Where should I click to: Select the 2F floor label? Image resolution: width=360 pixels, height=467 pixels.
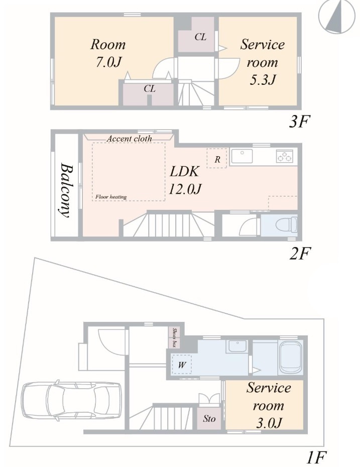coord(300,253)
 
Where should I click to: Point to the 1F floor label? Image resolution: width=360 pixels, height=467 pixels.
coord(317,457)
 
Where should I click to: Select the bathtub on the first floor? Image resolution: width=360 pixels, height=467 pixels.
coord(292,357)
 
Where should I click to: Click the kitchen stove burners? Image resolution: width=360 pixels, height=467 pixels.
coord(285,156)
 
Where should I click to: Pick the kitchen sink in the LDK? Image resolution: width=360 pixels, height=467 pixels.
coord(242,156)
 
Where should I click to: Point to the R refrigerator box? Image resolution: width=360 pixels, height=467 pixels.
coord(217,159)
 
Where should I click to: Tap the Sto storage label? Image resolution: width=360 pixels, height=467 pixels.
coord(209,418)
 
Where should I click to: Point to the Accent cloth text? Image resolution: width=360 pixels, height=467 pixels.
coord(129,139)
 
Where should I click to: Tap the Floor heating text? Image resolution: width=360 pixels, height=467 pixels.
coord(111,196)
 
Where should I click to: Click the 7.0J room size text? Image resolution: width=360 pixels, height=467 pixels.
coord(108,62)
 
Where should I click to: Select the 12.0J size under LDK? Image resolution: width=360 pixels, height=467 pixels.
coord(185,188)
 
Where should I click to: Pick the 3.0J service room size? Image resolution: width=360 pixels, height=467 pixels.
coord(269,423)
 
